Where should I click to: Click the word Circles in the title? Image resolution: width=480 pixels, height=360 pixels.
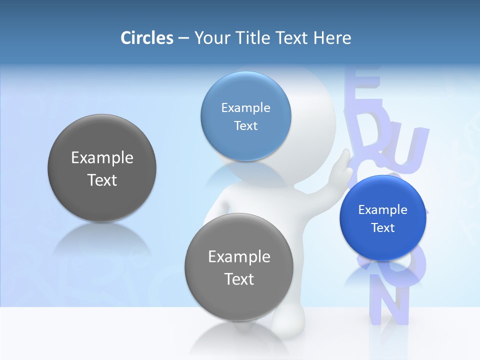click(x=147, y=38)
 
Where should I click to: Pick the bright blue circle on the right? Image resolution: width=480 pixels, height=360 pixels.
click(x=383, y=245)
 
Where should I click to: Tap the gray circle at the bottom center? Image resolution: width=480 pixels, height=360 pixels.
click(x=239, y=300)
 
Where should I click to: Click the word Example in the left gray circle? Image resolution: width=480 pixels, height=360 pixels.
click(x=102, y=158)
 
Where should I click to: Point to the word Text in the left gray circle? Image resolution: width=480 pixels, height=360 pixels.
click(x=102, y=180)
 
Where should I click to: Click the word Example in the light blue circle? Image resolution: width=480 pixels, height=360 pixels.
click(x=245, y=108)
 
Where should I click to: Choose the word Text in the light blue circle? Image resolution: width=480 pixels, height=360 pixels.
click(x=245, y=126)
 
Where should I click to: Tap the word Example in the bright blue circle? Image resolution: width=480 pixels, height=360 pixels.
click(x=383, y=210)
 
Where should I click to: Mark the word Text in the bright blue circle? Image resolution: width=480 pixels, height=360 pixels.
click(x=383, y=228)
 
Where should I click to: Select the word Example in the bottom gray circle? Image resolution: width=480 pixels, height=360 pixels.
click(x=239, y=257)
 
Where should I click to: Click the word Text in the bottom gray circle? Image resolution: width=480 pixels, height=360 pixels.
click(x=239, y=279)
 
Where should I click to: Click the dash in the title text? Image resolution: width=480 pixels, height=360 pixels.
click(x=183, y=38)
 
